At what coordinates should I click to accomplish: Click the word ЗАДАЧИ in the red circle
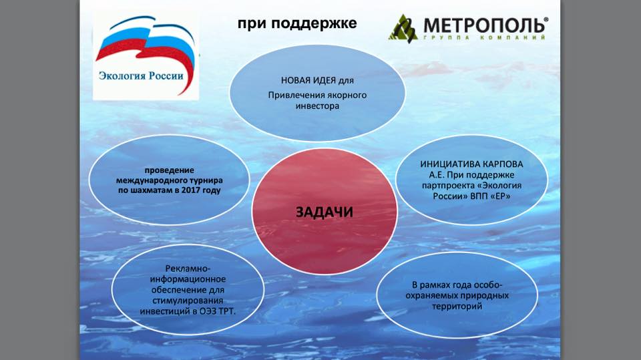pos(325,212)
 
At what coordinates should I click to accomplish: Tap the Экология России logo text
pos(141,75)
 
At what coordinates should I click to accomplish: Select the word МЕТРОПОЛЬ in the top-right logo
pos(485,25)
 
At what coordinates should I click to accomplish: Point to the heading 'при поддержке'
pos(297,23)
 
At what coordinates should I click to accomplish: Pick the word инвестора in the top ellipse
pos(317,106)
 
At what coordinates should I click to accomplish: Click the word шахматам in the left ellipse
pos(150,190)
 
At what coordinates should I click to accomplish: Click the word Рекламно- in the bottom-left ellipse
pos(188,268)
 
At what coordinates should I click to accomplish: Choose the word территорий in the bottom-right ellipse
pos(457,306)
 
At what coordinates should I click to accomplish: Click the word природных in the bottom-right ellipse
pos(485,295)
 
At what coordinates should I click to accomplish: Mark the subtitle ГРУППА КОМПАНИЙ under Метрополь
pos(485,37)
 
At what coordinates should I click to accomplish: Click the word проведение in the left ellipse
pos(169,170)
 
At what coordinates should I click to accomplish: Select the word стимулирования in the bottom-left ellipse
pos(188,301)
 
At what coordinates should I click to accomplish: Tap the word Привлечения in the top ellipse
pos(292,96)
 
